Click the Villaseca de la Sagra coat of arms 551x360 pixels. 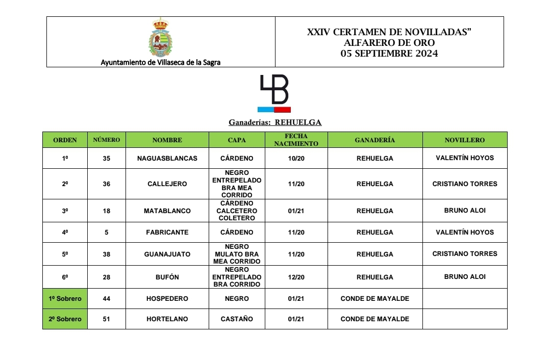[161, 38]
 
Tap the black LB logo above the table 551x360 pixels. [274, 93]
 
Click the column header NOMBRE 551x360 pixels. [167, 140]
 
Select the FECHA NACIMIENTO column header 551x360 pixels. [296, 140]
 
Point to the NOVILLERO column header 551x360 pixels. [464, 140]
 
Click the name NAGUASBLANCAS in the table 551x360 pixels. [167, 159]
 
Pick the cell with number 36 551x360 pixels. [106, 184]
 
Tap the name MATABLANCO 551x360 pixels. [167, 211]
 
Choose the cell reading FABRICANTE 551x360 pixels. [167, 233]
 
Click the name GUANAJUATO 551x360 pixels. [167, 254]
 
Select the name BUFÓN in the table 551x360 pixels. [167, 277]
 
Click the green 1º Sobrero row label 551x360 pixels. [65, 299]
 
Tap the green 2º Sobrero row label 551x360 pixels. [65, 319]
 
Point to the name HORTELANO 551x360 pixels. [167, 319]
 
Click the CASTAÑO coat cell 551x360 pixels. [237, 319]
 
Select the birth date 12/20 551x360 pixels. [296, 277]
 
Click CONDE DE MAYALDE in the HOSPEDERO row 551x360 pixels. [374, 299]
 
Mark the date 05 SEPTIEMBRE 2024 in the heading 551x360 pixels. [389, 54]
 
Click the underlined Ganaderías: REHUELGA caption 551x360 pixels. [275, 122]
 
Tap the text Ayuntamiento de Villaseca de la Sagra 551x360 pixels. [161, 63]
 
